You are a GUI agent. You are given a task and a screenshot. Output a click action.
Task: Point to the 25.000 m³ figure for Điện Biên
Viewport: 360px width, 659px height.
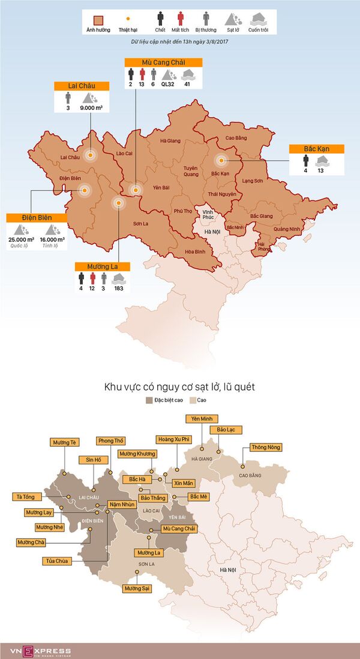(20, 239)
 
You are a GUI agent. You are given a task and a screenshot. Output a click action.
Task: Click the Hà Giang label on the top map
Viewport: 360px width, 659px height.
(170, 141)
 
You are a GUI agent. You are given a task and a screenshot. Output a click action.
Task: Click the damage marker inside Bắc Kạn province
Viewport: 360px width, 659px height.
(221, 160)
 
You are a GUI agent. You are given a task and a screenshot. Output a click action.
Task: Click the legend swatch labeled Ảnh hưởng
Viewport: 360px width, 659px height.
(98, 19)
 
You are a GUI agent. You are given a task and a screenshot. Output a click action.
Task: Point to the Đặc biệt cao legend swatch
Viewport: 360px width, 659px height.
(149, 399)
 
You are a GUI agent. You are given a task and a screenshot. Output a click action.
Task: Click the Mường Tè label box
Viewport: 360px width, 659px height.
(65, 442)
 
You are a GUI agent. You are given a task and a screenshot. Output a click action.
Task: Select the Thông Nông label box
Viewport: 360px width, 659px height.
(265, 447)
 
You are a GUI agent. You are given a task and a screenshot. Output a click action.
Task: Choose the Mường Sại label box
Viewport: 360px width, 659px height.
(137, 589)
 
